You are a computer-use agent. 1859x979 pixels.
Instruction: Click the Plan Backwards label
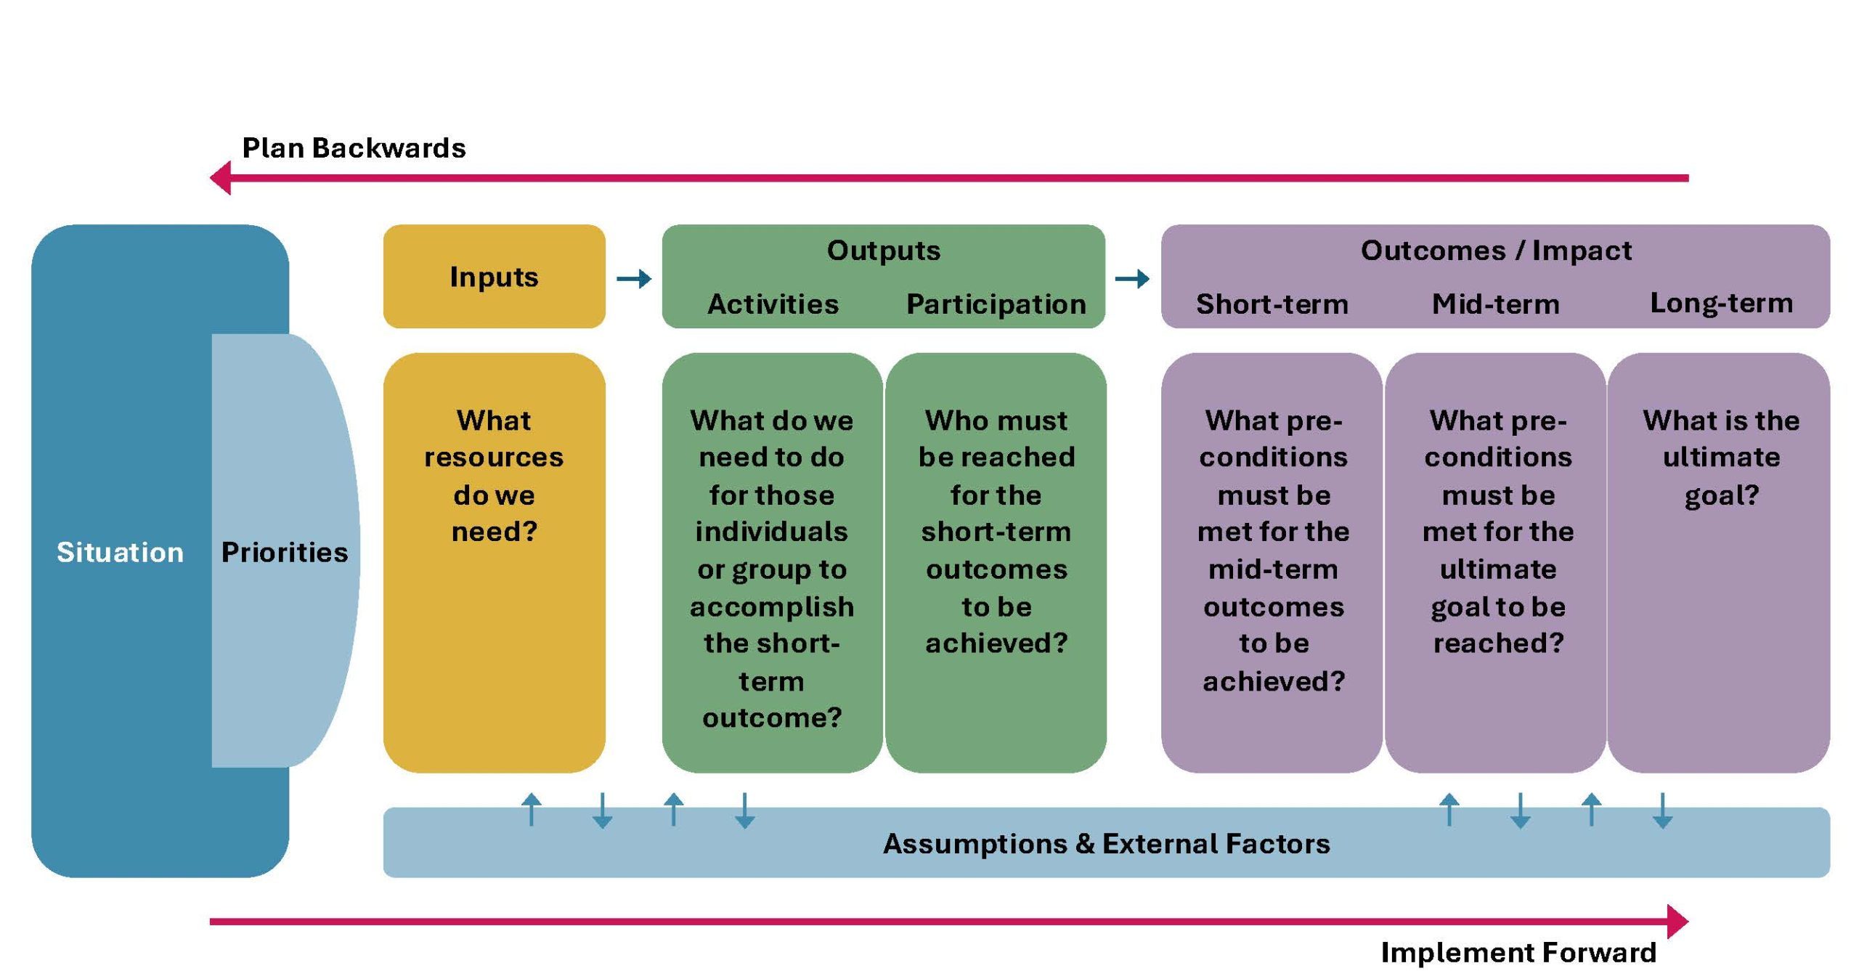pyautogui.click(x=354, y=148)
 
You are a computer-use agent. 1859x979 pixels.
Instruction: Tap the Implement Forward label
pyautogui.click(x=1518, y=952)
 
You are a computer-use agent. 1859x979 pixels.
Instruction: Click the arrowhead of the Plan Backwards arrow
pyautogui.click(x=220, y=178)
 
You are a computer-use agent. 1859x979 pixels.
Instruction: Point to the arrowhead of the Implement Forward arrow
pyautogui.click(x=1677, y=922)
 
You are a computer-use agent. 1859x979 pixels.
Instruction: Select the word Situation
pyautogui.click(x=120, y=553)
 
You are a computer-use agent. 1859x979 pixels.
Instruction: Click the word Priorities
pyautogui.click(x=285, y=553)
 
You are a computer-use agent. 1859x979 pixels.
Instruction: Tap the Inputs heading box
pyautogui.click(x=494, y=277)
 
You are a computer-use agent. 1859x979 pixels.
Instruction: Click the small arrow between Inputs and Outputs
pyautogui.click(x=634, y=278)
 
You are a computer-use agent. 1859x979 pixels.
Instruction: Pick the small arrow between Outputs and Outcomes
pyautogui.click(x=1132, y=278)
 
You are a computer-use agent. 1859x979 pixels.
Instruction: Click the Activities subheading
pyautogui.click(x=773, y=304)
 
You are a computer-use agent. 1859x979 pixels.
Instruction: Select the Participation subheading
pyautogui.click(x=996, y=304)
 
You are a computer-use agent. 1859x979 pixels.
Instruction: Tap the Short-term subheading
pyautogui.click(x=1272, y=304)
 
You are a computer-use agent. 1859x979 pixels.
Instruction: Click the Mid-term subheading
pyautogui.click(x=1495, y=304)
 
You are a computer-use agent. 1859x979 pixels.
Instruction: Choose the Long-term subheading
pyautogui.click(x=1721, y=303)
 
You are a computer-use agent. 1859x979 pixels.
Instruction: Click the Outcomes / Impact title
pyautogui.click(x=1495, y=251)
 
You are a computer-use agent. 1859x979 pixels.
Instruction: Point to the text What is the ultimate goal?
pyautogui.click(x=1721, y=458)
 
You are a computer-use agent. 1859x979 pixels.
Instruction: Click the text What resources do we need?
pyautogui.click(x=494, y=476)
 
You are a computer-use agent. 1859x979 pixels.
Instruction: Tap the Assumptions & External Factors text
pyautogui.click(x=1106, y=844)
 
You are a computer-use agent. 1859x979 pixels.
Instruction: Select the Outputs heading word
pyautogui.click(x=883, y=251)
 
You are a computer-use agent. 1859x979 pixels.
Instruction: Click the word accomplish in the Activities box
pyautogui.click(x=772, y=607)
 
